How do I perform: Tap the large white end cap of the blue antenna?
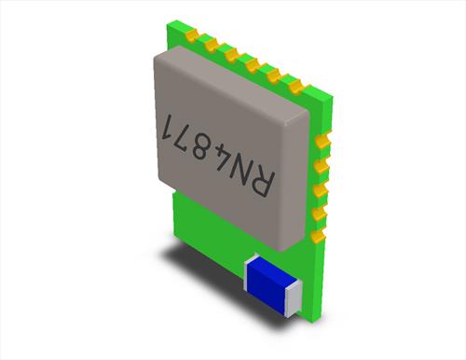[293, 298]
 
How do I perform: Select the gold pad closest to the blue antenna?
[319, 236]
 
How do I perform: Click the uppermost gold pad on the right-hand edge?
[323, 141]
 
